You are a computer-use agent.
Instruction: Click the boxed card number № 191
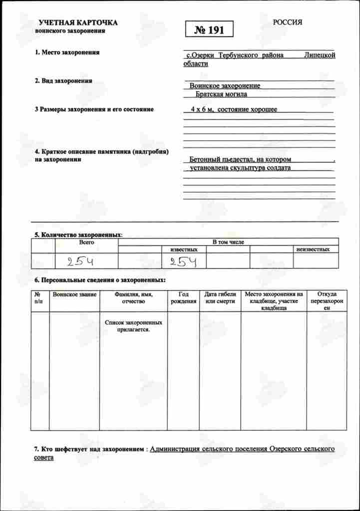[x=209, y=30]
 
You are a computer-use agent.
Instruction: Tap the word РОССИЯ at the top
[x=288, y=22]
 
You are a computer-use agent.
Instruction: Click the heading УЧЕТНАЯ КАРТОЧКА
[x=78, y=23]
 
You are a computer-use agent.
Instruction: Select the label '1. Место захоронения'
[x=67, y=52]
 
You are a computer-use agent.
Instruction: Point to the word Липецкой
[x=320, y=55]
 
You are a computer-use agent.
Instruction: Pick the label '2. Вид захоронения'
[x=63, y=81]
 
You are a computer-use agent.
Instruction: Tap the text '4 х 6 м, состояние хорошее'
[x=230, y=109]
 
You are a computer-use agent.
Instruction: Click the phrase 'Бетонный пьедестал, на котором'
[x=240, y=160]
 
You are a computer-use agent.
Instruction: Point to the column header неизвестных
[x=313, y=249]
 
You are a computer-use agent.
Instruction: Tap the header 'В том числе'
[x=228, y=242]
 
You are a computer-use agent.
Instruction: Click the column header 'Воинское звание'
[x=74, y=294]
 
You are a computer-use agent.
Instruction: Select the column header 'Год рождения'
[x=183, y=298]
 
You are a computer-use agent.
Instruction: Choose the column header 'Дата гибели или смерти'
[x=220, y=298]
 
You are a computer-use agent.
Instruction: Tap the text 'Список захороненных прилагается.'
[x=133, y=326]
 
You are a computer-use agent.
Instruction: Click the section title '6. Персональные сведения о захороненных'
[x=100, y=281]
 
